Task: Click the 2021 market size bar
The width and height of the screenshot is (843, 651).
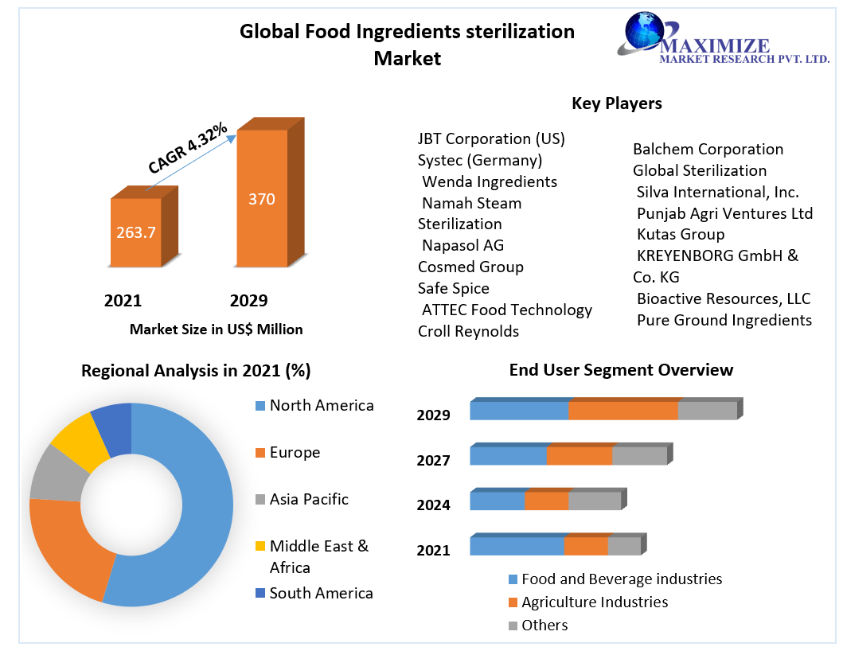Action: pos(135,232)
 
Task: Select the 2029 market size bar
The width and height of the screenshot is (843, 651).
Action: pos(261,199)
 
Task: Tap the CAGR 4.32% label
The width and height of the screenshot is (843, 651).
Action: pos(188,149)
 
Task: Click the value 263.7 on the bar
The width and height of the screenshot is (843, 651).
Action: pos(135,233)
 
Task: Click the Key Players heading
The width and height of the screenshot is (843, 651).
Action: pos(616,103)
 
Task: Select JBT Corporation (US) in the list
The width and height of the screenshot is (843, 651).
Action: pos(491,139)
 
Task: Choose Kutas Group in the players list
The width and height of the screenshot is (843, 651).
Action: pos(681,235)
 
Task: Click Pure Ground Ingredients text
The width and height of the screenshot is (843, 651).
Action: pos(724,320)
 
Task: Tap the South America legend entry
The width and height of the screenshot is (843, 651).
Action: pos(321,593)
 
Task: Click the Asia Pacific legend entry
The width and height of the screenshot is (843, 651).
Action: pos(309,499)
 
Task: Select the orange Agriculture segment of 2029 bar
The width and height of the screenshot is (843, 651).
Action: pos(622,411)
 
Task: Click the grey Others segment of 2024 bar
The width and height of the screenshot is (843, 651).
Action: pos(594,501)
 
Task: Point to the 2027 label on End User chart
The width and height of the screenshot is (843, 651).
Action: pos(433,460)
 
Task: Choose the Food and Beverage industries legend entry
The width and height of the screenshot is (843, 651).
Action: pos(621,579)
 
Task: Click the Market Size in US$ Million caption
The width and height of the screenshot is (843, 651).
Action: pos(216,329)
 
